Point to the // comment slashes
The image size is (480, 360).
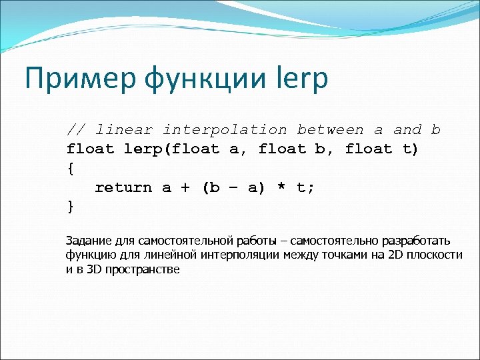[x=75, y=129]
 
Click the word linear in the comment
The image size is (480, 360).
[x=123, y=129]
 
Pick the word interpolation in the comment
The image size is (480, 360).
[x=225, y=129]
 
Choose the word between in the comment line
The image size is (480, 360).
[x=330, y=129]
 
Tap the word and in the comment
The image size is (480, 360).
[x=407, y=129]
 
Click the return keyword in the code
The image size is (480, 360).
[x=123, y=187]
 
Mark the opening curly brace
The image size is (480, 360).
[x=71, y=168]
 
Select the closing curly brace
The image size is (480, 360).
[x=71, y=207]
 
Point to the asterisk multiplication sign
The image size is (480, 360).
[x=281, y=187]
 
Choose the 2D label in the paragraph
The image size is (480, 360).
[x=395, y=255]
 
